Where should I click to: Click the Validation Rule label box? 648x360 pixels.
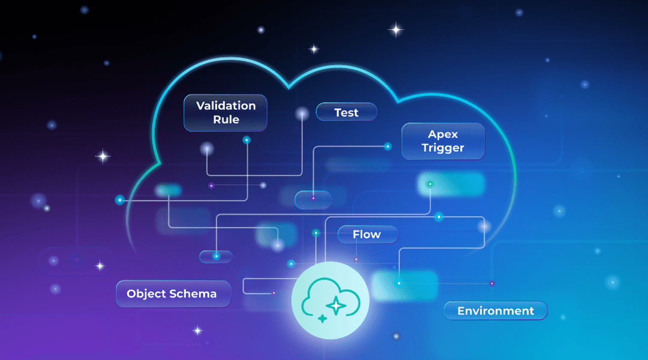tap(225, 113)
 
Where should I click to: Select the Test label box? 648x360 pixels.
tap(346, 112)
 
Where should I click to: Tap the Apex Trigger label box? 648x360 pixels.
tap(443, 141)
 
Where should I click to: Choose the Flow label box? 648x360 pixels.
tap(367, 234)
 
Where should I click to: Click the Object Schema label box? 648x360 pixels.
tap(173, 294)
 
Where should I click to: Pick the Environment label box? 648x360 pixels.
tap(495, 311)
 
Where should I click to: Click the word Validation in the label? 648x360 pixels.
tap(226, 106)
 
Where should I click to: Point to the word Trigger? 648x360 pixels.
tap(443, 148)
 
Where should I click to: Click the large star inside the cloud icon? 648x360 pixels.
tap(336, 305)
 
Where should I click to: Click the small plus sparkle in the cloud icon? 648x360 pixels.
tap(322, 319)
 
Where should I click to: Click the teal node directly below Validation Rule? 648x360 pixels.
tap(246, 140)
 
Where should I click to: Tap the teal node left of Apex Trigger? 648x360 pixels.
tap(388, 146)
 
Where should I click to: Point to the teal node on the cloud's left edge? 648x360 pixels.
tap(119, 200)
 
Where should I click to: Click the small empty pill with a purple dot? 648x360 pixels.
tap(313, 199)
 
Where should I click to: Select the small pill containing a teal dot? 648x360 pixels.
tap(216, 256)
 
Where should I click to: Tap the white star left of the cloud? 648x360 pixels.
tap(103, 157)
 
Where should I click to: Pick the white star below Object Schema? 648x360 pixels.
tap(197, 331)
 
